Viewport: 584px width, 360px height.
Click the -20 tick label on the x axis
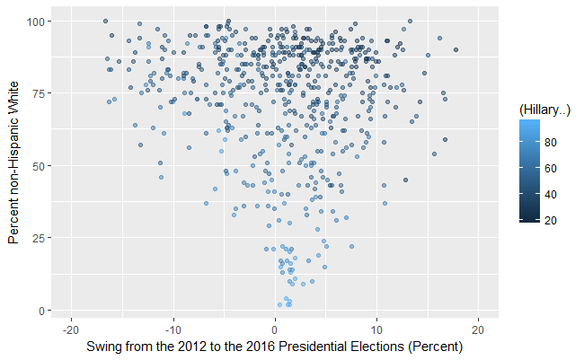click(x=72, y=329)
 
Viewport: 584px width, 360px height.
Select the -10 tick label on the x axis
click(x=173, y=329)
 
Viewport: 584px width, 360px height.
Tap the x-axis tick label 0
click(x=275, y=329)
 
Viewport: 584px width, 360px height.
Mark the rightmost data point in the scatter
click(x=456, y=50)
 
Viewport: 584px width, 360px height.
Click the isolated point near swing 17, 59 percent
click(x=445, y=139)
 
